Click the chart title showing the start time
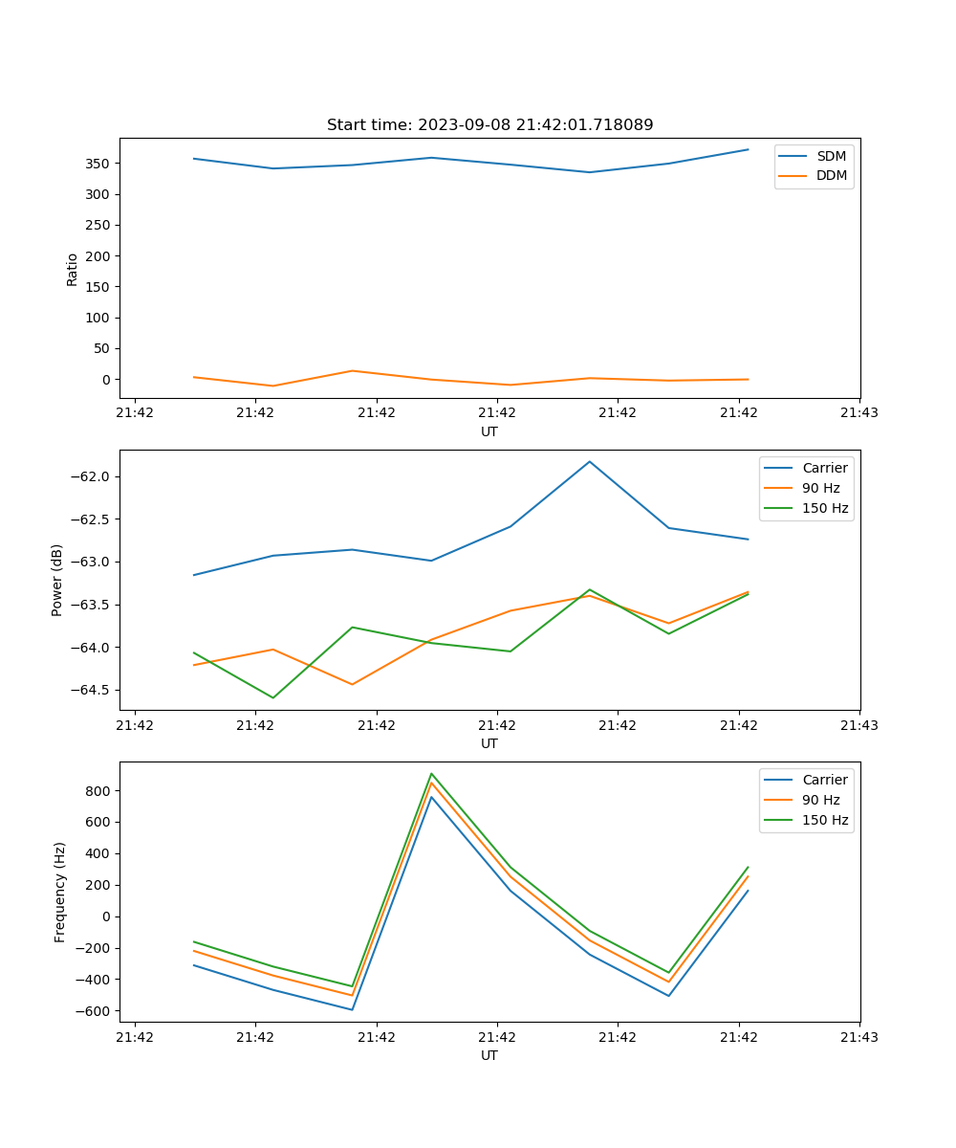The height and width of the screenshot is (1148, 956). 489,125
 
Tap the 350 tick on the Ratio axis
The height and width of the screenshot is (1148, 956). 98,164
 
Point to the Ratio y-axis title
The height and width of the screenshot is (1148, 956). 73,269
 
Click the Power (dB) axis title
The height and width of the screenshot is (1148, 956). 57,580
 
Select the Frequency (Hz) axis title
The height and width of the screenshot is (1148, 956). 60,892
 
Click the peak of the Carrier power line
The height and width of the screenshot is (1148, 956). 590,462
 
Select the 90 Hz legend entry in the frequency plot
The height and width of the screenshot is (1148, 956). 821,800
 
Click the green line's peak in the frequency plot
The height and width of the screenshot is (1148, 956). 431,774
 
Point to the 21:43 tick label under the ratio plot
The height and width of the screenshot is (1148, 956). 859,413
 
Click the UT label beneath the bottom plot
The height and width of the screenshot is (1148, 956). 489,1055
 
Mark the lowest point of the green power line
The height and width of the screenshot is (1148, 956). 273,697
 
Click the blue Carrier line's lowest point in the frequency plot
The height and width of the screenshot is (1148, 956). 352,1009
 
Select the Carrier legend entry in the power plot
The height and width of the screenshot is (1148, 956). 825,469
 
